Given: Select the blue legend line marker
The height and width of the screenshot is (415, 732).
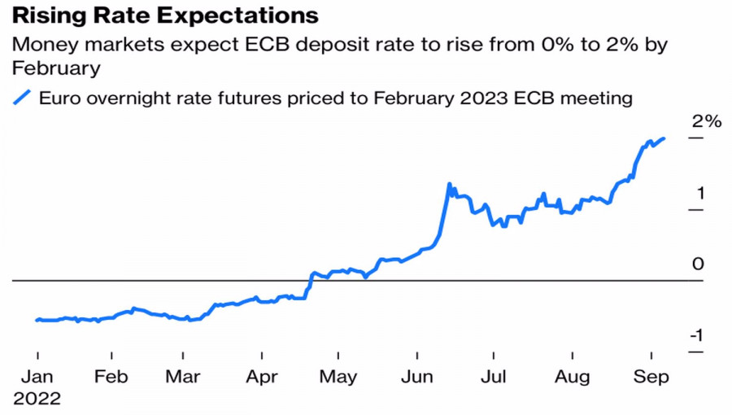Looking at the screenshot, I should click(x=22, y=98).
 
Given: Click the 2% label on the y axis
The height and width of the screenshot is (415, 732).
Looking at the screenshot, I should click(x=706, y=122).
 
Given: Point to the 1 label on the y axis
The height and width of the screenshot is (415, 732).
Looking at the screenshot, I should click(x=700, y=194).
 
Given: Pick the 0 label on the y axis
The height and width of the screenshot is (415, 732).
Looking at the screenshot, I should click(x=698, y=264).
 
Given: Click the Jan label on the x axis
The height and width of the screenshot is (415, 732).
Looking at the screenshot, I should click(x=37, y=378).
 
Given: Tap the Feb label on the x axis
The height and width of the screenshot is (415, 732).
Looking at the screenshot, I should click(x=111, y=378).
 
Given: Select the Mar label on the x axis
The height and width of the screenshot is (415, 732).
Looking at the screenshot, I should click(x=184, y=378).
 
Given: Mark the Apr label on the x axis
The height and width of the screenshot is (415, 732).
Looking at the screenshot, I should click(x=262, y=378).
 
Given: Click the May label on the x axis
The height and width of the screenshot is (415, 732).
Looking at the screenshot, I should click(x=338, y=378).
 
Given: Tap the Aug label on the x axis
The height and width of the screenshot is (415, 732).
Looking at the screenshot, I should click(x=573, y=378).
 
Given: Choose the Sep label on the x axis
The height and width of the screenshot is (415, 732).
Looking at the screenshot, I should click(x=651, y=378).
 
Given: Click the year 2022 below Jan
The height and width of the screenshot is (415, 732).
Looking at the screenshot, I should click(x=37, y=399).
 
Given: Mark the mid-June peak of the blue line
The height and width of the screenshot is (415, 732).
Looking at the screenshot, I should click(x=449, y=185).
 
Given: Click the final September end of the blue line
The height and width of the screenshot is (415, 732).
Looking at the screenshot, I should click(x=664, y=139).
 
